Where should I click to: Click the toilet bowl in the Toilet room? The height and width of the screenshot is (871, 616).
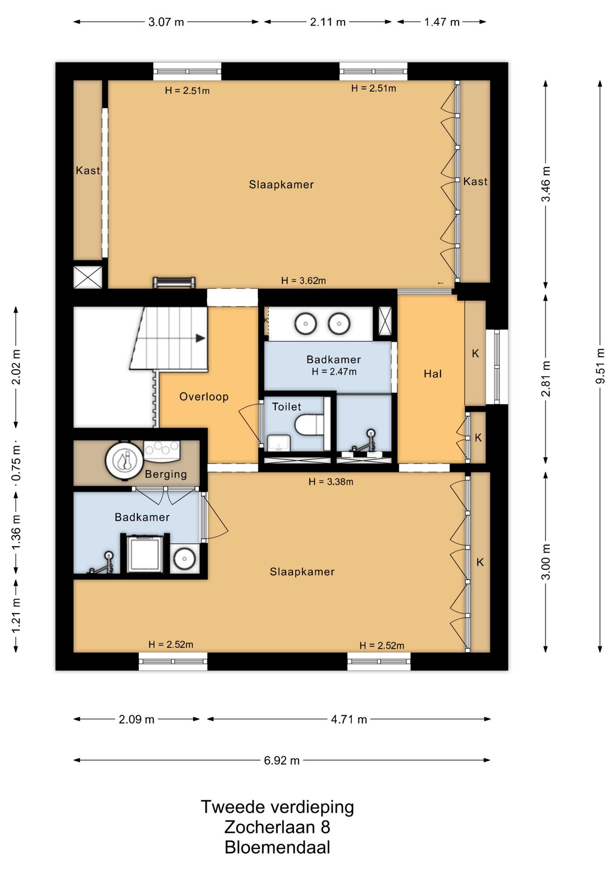click(x=309, y=425)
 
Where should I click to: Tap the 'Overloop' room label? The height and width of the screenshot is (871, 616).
click(x=204, y=396)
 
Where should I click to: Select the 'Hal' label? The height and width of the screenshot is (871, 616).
click(x=433, y=374)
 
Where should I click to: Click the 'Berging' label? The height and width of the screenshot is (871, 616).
click(x=166, y=475)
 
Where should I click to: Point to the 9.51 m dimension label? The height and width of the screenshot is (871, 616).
click(x=600, y=366)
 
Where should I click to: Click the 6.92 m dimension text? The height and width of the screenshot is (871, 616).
click(x=282, y=760)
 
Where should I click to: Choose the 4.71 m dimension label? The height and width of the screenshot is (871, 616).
click(x=349, y=719)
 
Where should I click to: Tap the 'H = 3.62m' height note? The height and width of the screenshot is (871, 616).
click(x=303, y=281)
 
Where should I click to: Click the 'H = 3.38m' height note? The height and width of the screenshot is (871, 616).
click(x=331, y=482)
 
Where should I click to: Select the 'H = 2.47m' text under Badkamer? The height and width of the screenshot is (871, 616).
click(x=334, y=372)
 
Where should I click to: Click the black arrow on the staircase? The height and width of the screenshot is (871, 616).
click(x=200, y=338)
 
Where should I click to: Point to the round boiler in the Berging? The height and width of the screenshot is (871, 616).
click(x=124, y=460)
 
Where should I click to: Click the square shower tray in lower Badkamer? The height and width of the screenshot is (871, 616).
click(x=145, y=554)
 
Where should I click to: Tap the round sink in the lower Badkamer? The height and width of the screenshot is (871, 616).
click(x=185, y=558)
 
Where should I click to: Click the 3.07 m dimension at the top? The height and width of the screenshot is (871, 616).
click(x=166, y=22)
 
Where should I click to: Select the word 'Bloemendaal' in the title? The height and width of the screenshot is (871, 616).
click(x=277, y=847)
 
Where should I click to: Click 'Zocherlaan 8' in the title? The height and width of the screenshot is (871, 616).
click(x=277, y=827)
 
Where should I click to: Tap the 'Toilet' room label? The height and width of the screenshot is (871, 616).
click(x=286, y=407)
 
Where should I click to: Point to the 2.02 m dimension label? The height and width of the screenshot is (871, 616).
click(x=16, y=367)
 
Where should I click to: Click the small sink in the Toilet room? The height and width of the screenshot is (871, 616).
click(x=279, y=443)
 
